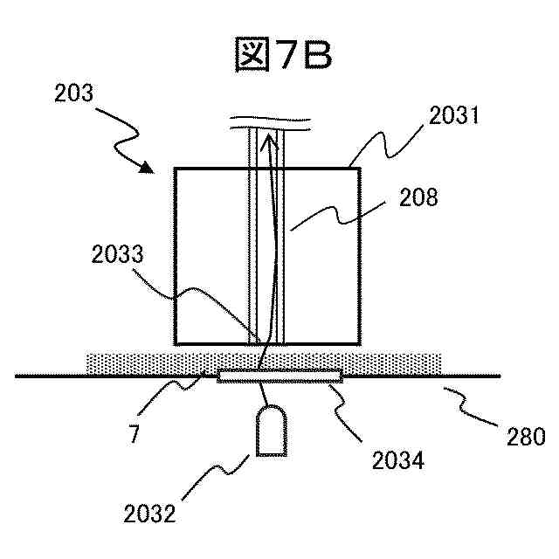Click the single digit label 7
coord(133,434)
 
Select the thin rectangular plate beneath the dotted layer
coord(279,376)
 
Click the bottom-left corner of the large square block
coord(176,343)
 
